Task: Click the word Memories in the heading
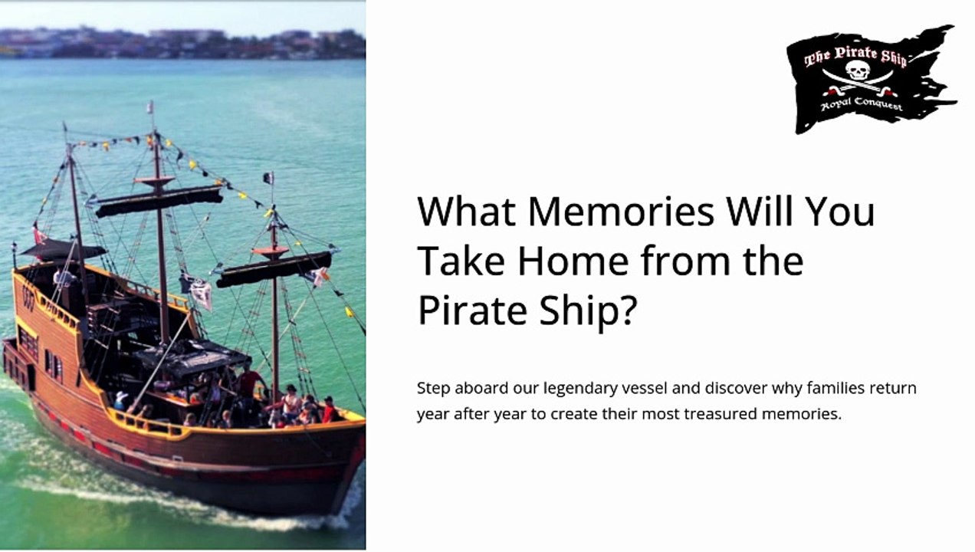pyautogui.click(x=621, y=212)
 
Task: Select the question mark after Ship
pyautogui.click(x=628, y=310)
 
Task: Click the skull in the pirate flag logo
pyautogui.click(x=858, y=70)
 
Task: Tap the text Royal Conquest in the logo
pyautogui.click(x=862, y=104)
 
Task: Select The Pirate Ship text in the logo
pyautogui.click(x=855, y=56)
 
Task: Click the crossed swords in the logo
pyautogui.click(x=858, y=83)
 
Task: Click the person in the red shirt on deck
pyautogui.click(x=249, y=383)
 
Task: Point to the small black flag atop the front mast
pyautogui.click(x=268, y=178)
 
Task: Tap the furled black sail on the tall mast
pyautogui.click(x=159, y=202)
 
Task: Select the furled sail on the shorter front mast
pyautogui.click(x=274, y=269)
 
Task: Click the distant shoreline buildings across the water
pyautogui.click(x=182, y=44)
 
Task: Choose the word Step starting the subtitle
pyautogui.click(x=433, y=389)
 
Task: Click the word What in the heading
pyautogui.click(x=467, y=212)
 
